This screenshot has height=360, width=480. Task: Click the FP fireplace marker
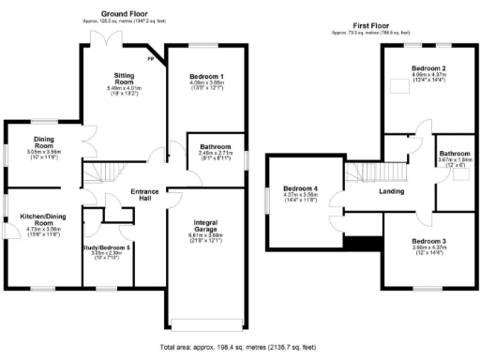pos(151,58)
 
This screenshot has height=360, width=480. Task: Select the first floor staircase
pos(359,172)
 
